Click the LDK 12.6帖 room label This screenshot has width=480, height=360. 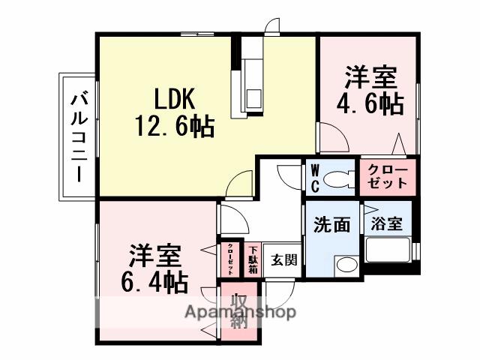point(174,112)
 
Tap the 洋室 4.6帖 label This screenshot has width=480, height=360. point(373,90)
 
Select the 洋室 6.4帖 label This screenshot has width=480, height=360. point(156,268)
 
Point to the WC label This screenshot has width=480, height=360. point(315,177)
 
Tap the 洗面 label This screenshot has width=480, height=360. point(331,224)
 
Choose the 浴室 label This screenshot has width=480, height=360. point(387,223)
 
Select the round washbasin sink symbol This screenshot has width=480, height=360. point(345,264)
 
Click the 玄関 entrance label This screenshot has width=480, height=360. point(283,259)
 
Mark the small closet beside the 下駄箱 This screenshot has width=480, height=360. point(229,259)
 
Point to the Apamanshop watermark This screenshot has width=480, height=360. point(240,312)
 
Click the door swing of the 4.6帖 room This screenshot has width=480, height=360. point(331,139)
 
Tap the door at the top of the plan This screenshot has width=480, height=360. point(271,24)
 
